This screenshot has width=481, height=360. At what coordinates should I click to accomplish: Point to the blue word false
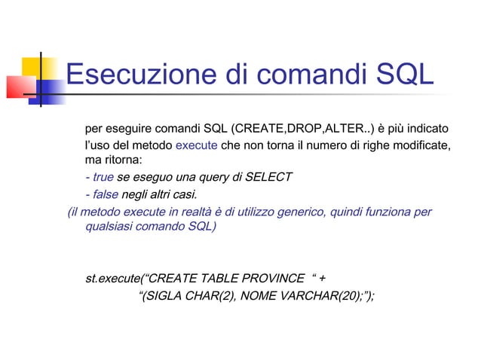(105, 194)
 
